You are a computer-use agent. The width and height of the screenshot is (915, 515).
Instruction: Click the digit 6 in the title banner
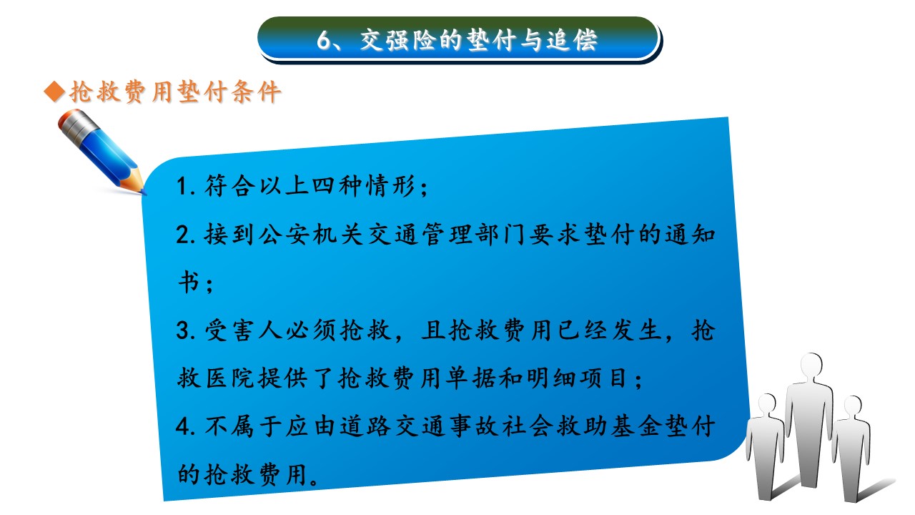pyautogui.click(x=324, y=41)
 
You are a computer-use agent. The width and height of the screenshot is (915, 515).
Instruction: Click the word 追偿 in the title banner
pyautogui.click(x=572, y=41)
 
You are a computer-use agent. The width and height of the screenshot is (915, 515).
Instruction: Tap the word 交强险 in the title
pyautogui.click(x=398, y=41)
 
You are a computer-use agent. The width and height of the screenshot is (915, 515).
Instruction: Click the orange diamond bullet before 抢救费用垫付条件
pyautogui.click(x=55, y=92)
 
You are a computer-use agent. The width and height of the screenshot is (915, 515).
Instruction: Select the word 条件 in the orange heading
pyautogui.click(x=256, y=92)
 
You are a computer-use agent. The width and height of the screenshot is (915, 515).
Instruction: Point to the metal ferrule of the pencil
pyautogui.click(x=78, y=125)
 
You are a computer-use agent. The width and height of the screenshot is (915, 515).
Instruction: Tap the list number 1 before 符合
pyautogui.click(x=182, y=186)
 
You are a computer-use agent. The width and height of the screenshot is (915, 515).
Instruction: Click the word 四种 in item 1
pyautogui.click(x=336, y=185)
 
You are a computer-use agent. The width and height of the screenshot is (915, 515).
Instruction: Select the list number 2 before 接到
pyautogui.click(x=182, y=235)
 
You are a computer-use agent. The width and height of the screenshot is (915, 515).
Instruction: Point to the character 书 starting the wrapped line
pyautogui.click(x=189, y=282)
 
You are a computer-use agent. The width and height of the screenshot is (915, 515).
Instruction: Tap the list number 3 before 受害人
pyautogui.click(x=182, y=330)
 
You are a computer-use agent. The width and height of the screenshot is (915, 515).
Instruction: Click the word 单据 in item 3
pyautogui.click(x=470, y=378)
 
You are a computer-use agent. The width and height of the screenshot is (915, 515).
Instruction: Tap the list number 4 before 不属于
pyautogui.click(x=182, y=426)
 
